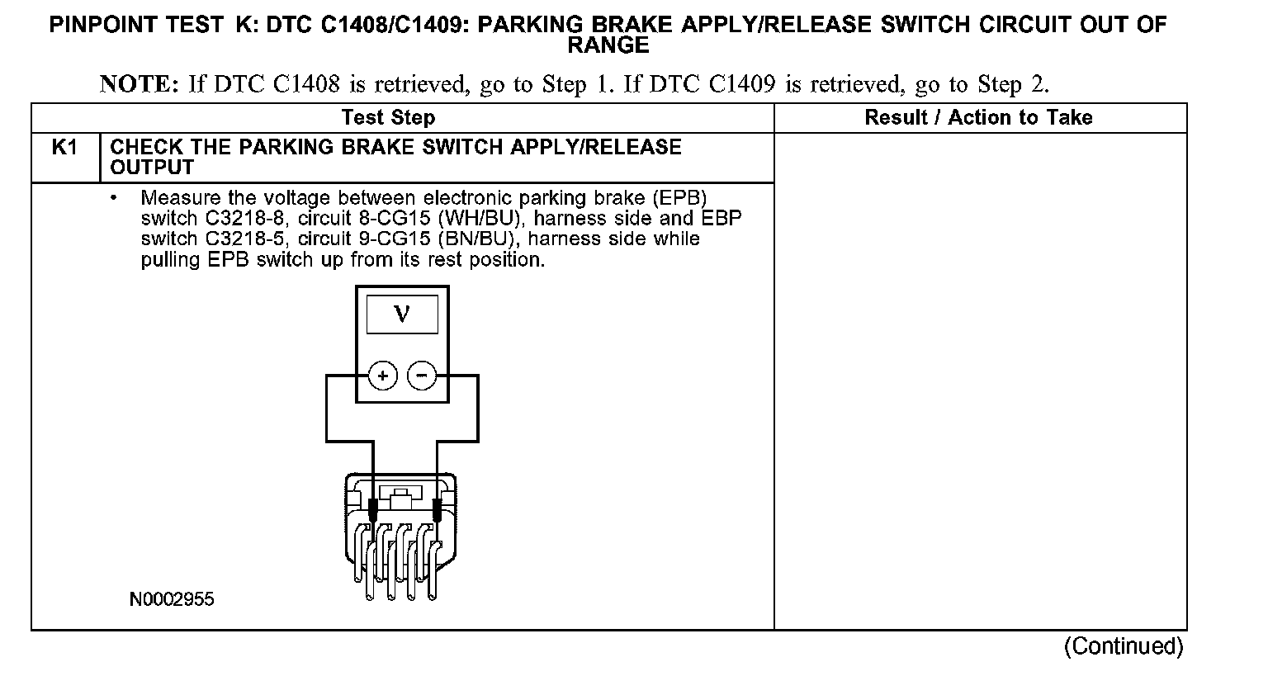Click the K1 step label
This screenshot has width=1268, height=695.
tap(64, 148)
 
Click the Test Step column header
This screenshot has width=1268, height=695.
tap(388, 118)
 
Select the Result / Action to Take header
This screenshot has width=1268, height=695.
tap(978, 118)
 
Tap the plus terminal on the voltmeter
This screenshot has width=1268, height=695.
tap(383, 376)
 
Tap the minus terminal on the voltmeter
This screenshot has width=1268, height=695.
tap(422, 376)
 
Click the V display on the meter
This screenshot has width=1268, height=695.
tap(402, 314)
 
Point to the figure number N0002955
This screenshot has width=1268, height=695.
tap(172, 599)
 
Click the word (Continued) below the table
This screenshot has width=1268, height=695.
tap(1124, 645)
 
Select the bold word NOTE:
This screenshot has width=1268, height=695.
tap(139, 84)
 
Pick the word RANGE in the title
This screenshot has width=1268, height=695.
tap(608, 46)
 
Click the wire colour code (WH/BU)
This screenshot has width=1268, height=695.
tap(481, 219)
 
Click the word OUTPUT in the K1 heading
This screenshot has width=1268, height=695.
tap(152, 168)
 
